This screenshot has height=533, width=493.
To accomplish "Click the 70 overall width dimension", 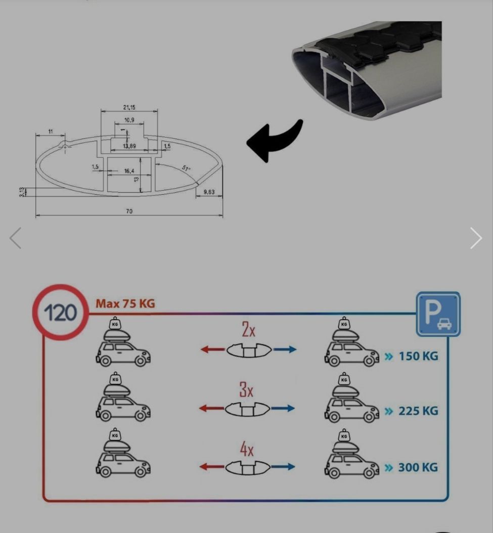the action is (x=129, y=211).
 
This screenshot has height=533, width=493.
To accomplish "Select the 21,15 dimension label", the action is (x=129, y=107).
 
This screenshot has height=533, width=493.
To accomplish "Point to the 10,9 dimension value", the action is (x=129, y=120).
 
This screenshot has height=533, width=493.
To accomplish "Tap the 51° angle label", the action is (x=186, y=168).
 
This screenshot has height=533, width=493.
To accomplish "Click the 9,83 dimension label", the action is (x=209, y=192).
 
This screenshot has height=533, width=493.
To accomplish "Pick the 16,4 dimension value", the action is (x=129, y=171).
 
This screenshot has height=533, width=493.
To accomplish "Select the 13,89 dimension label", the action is (x=129, y=146).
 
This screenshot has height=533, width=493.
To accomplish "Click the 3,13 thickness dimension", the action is (x=22, y=192).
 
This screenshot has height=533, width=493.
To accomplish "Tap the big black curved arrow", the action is (x=274, y=141).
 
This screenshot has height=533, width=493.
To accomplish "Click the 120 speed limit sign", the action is (x=61, y=313).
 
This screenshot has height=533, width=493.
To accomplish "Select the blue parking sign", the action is (x=438, y=314).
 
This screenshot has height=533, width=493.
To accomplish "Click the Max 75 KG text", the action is (x=125, y=303).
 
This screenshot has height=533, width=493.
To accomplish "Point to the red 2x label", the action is (x=248, y=329).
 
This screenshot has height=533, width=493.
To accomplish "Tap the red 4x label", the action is (x=247, y=449).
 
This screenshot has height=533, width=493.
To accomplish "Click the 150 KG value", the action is (x=418, y=356).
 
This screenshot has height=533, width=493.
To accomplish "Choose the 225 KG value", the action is (x=418, y=411).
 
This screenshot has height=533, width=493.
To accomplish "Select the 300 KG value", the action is (x=418, y=467).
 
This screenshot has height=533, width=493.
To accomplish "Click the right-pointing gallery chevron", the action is (x=476, y=238).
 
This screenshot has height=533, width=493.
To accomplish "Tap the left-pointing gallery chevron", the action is (x=15, y=238).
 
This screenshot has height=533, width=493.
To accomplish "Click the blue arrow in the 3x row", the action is (x=283, y=408).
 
